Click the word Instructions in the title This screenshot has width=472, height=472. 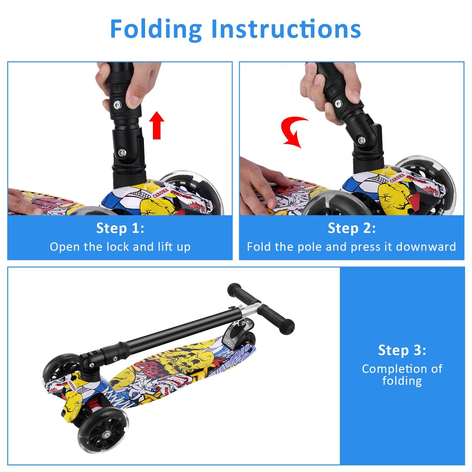coord(286,29)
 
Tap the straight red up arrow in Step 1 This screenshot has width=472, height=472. coord(156,125)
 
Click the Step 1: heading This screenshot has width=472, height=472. coord(120,228)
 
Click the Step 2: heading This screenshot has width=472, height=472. coord(351,228)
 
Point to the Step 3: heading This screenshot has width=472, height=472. coord(402,350)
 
